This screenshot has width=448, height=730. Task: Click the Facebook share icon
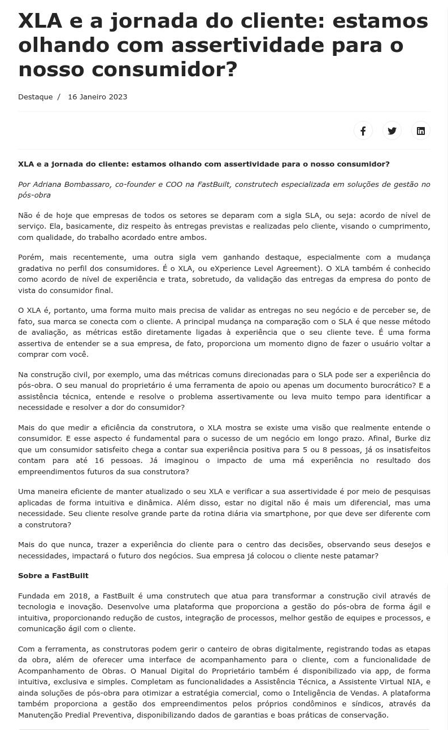[363, 131]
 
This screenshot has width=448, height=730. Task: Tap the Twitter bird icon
[392, 131]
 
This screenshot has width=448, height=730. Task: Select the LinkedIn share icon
[421, 131]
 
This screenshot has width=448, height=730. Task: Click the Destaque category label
[35, 97]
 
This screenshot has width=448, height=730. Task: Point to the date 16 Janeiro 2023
[97, 97]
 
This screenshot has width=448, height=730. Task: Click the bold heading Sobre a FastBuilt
[53, 576]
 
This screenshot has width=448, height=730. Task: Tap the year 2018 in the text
[78, 596]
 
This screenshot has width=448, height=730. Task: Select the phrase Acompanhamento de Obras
[72, 671]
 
